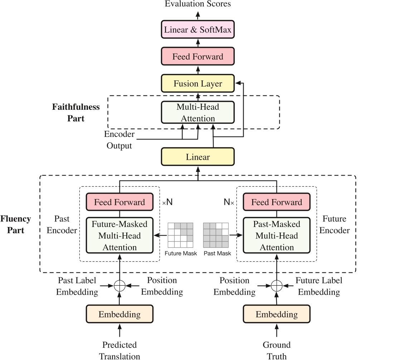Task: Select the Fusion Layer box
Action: (x=198, y=84)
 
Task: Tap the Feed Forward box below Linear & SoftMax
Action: (x=198, y=56)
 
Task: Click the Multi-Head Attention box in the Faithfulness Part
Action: (x=198, y=112)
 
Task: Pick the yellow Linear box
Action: (x=198, y=157)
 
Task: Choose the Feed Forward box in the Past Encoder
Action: (x=119, y=202)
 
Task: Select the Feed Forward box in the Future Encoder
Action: (x=277, y=202)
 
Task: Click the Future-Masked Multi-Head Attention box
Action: (x=119, y=236)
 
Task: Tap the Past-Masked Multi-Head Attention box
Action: (x=277, y=236)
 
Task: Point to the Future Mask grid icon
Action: (x=181, y=235)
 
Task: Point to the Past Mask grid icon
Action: (x=216, y=235)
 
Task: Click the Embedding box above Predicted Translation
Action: (x=119, y=314)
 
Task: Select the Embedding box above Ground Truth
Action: (x=277, y=314)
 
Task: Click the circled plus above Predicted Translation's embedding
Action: (x=119, y=286)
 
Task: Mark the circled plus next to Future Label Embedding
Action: (x=277, y=286)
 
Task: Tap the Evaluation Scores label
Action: (x=198, y=4)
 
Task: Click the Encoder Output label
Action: (x=119, y=140)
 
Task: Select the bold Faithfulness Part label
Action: (x=76, y=112)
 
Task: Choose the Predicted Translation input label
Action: (x=119, y=350)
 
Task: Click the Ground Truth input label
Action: (x=277, y=350)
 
